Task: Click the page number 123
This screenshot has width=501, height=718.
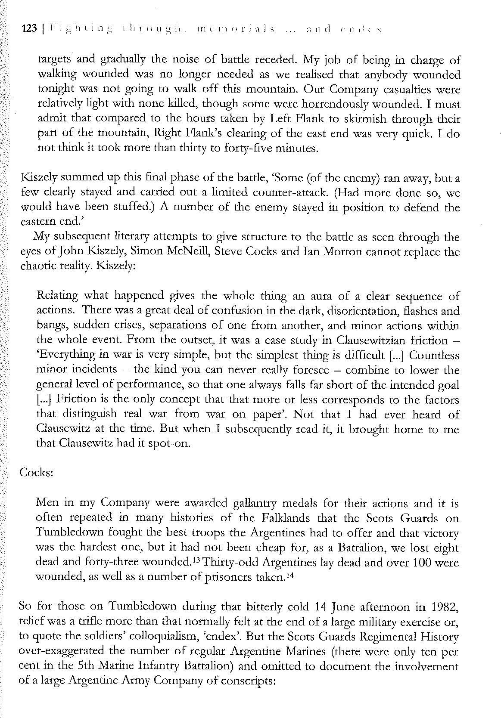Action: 29,29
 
